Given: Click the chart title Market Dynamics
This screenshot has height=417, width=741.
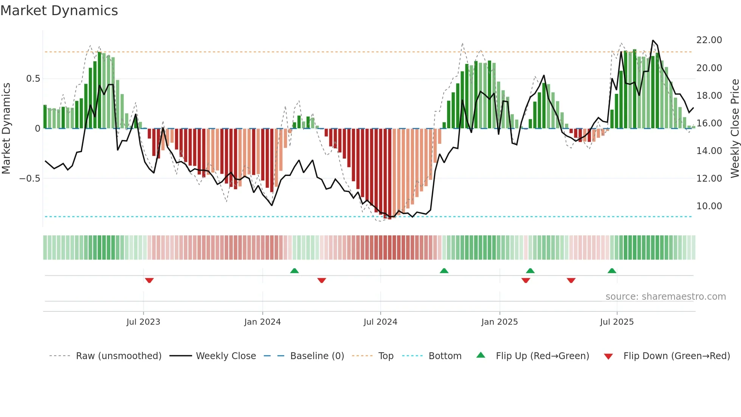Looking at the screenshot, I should [x=59, y=11].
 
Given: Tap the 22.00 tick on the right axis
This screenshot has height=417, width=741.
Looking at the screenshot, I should [x=709, y=40].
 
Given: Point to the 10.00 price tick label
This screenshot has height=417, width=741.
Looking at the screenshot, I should [x=709, y=206].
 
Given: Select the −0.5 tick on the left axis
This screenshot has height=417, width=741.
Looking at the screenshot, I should [x=30, y=179].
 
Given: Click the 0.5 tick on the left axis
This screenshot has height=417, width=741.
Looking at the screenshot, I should [x=33, y=79].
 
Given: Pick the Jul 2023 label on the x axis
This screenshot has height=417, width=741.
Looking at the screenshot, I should [x=143, y=322].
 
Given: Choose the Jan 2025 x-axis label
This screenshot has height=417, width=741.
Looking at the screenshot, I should [x=499, y=322].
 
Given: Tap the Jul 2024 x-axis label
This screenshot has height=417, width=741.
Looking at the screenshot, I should [x=380, y=322].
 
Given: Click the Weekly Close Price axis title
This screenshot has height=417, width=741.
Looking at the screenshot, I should [x=735, y=129].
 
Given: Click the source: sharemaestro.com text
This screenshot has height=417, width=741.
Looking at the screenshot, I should [x=665, y=297].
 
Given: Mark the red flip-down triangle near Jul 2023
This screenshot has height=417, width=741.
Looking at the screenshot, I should [x=149, y=280].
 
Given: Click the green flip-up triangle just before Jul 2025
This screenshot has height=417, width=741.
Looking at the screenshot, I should [x=612, y=271].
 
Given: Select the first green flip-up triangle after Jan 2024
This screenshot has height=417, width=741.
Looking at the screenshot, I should [x=295, y=271].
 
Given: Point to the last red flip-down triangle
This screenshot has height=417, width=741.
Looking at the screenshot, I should [x=571, y=280].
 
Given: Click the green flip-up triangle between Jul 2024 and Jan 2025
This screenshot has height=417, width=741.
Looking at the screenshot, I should [x=444, y=271].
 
